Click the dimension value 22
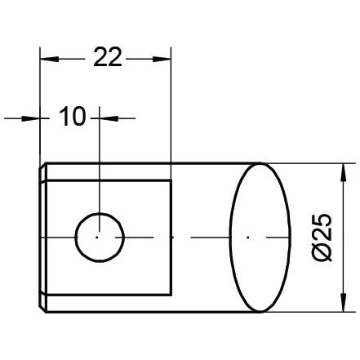point(107,58)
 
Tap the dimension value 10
point(73,118)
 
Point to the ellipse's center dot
point(249,237)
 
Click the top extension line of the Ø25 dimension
point(302,163)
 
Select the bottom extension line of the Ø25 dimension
point(302,311)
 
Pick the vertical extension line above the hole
point(97,163)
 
